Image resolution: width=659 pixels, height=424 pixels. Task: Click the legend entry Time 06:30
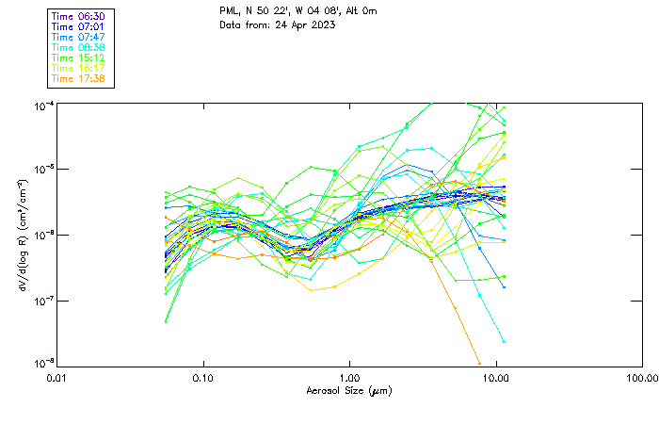[x=78, y=17]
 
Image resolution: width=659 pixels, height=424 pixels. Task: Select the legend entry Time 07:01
[x=78, y=27]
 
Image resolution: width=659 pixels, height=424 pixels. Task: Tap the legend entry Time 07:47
[x=78, y=37]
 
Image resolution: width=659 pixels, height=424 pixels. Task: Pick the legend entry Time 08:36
[x=78, y=47]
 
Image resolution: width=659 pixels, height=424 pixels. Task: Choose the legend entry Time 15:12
[x=78, y=57]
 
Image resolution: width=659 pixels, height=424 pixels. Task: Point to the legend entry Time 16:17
[x=78, y=68]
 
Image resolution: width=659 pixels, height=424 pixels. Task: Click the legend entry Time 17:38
[x=78, y=78]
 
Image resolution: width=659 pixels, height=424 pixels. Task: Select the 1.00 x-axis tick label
[x=349, y=379]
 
